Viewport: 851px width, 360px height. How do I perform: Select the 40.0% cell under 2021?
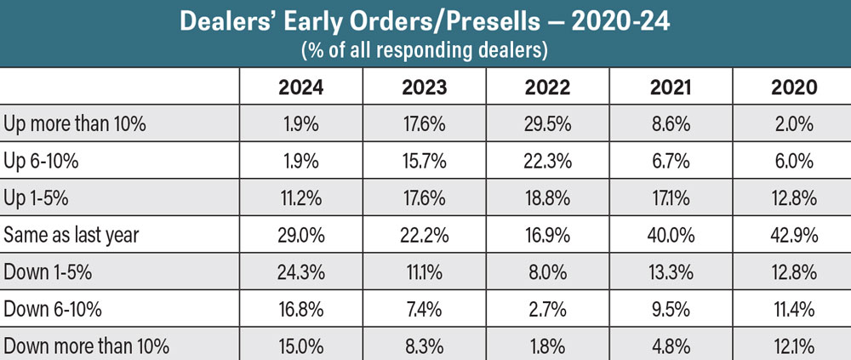coord(671,235)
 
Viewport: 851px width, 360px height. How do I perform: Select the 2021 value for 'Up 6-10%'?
coord(671,161)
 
